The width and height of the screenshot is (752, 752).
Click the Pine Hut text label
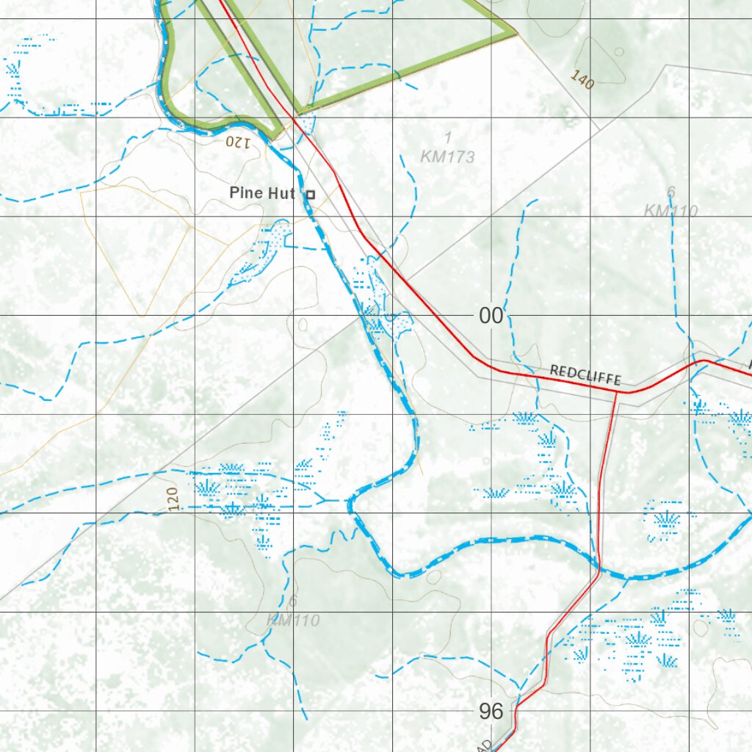click(261, 193)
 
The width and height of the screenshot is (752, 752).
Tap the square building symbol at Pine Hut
click(310, 195)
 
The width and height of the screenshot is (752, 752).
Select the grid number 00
click(491, 317)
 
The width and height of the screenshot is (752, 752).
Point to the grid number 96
click(491, 711)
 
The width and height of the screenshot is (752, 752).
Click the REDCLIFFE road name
click(585, 375)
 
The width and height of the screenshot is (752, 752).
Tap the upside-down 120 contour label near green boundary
click(238, 142)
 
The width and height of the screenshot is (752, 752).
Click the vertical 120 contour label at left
click(173, 499)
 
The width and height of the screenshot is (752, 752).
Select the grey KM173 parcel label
click(447, 156)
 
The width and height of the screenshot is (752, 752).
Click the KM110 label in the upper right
click(670, 211)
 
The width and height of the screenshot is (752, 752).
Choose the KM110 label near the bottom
click(293, 621)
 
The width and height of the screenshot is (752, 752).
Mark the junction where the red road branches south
click(615, 392)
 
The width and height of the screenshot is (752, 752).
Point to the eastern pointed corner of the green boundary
click(514, 32)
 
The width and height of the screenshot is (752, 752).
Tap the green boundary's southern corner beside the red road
click(278, 136)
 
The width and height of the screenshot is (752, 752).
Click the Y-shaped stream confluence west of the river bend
click(324, 499)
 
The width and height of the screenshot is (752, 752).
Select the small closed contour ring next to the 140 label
click(619, 52)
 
